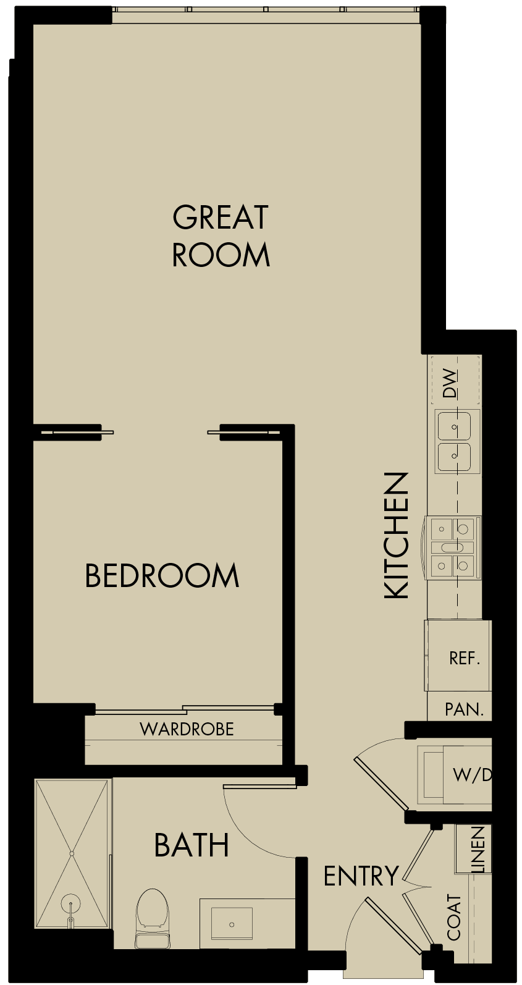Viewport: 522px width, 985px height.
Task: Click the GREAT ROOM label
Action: point(221,236)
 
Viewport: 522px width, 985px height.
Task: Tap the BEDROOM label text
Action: point(162,576)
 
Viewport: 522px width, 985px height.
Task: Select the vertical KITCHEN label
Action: point(397,535)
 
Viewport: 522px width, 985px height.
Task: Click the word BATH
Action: point(192,845)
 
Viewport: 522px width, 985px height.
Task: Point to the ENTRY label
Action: point(361,876)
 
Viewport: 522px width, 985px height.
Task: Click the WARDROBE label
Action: point(187,729)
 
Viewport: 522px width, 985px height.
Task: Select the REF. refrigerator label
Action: point(465,658)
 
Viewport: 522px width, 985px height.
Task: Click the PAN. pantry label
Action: point(465,709)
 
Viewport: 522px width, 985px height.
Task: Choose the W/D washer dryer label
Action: point(472,774)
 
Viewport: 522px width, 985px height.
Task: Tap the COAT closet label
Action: point(455,918)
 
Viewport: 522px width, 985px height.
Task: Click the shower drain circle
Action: point(72,903)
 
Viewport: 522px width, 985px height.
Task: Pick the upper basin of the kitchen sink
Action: point(455,426)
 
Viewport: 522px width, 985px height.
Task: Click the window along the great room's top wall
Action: point(266,10)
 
